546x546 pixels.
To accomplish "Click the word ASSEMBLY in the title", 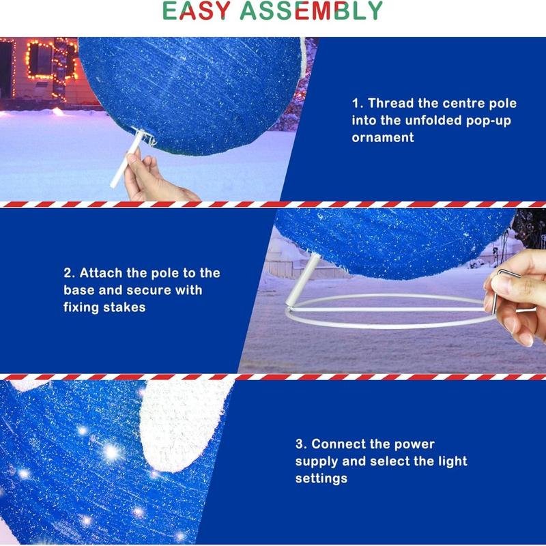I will point(312,12).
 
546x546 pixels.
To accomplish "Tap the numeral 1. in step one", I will point(358,104).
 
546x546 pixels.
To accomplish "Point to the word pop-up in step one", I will point(497,120).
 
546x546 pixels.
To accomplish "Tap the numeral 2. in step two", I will point(69,273).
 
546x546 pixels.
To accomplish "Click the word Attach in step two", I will point(102,273).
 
